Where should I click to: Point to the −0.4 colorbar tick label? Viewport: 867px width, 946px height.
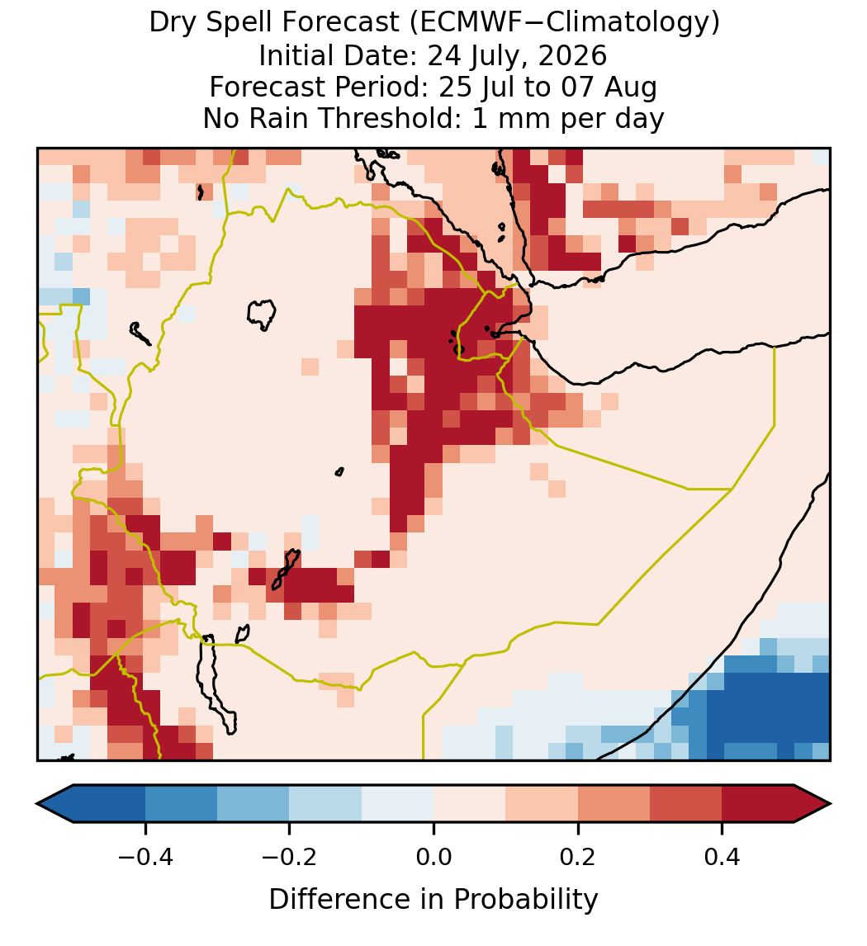145,857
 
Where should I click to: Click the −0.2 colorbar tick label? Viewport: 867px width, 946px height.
290,857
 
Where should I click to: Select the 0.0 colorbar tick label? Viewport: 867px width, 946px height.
433,857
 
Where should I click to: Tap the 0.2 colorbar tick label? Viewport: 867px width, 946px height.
578,857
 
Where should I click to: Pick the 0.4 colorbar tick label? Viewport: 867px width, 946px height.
722,857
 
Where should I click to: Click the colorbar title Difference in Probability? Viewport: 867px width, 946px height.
433,900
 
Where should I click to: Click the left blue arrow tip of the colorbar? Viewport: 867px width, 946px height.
37,804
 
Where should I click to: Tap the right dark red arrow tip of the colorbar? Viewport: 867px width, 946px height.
830,804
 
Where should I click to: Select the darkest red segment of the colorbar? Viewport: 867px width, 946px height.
758,804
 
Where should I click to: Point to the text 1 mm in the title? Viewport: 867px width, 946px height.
512,118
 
